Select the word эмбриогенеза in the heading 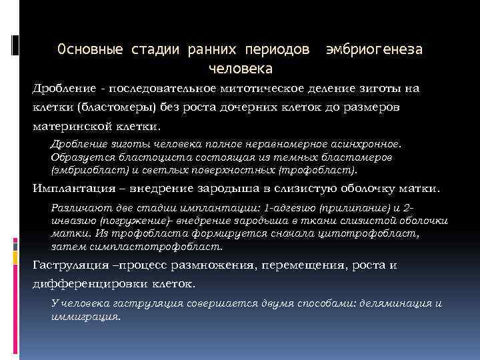click(374, 50)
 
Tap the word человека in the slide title click(240, 68)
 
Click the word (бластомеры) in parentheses click(113, 107)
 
